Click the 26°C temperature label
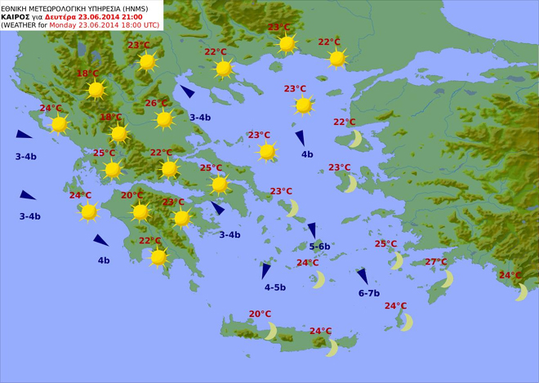click(x=156, y=104)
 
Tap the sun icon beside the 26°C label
click(x=165, y=120)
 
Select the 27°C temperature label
click(x=436, y=262)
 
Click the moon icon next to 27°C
click(x=446, y=278)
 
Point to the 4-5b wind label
click(x=275, y=287)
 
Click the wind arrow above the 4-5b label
click(x=266, y=270)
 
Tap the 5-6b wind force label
click(x=319, y=246)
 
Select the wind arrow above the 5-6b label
click(x=312, y=230)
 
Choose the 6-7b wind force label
click(x=369, y=293)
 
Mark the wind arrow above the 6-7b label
click(x=362, y=277)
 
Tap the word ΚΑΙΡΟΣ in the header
click(x=16, y=16)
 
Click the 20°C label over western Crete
click(x=260, y=314)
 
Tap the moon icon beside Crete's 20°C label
click(x=270, y=330)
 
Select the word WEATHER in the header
click(x=22, y=25)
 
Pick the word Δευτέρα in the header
click(x=65, y=16)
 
